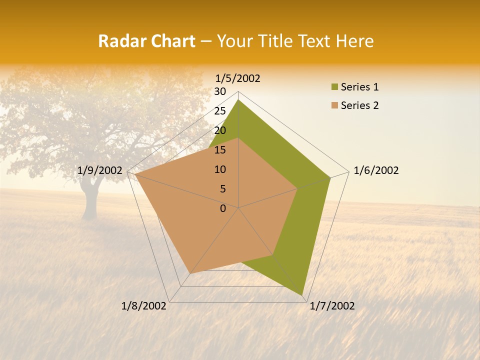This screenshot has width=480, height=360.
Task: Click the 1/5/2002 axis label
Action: [x=237, y=78]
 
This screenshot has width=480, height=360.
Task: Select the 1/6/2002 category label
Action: [x=376, y=170]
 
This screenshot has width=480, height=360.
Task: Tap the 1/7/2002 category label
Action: [x=332, y=306]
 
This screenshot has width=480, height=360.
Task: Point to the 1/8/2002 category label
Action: [x=144, y=306]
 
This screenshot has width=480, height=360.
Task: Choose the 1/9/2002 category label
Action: [x=100, y=170]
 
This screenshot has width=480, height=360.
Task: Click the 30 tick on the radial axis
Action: [x=220, y=91]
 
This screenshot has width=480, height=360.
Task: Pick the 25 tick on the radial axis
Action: [x=220, y=111]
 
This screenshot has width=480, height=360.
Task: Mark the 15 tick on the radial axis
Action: [x=220, y=150]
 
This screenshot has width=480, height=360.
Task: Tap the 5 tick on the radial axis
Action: [x=222, y=189]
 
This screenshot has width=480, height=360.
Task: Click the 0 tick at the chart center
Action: [x=223, y=208]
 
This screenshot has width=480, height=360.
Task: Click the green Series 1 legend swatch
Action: [x=334, y=87]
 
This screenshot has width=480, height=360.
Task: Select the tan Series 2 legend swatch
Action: [x=334, y=105]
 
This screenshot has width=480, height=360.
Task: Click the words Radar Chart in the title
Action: [x=146, y=41]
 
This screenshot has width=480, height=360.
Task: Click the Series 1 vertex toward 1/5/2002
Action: [x=238, y=100]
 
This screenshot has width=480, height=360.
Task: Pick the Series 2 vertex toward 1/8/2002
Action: [x=190, y=273]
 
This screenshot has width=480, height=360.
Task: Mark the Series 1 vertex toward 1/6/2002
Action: [x=330, y=178]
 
